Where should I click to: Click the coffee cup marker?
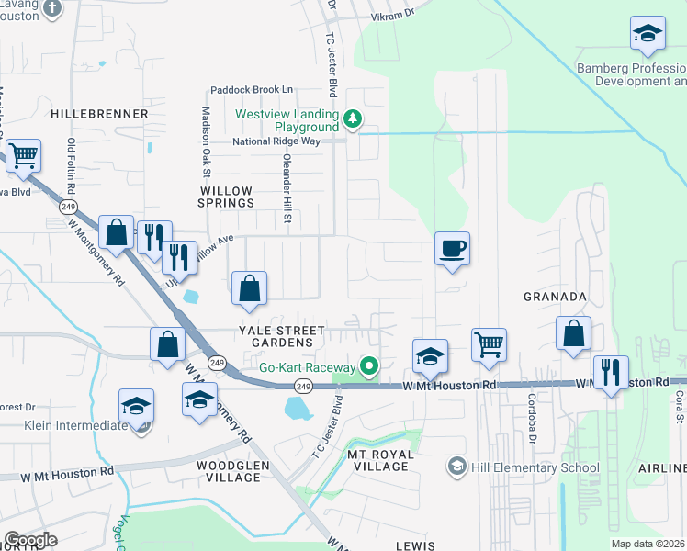pyautogui.click(x=453, y=248)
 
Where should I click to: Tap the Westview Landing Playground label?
pyautogui.click(x=287, y=120)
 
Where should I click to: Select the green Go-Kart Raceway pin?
pyautogui.click(x=370, y=367)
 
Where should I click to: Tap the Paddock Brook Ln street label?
pyautogui.click(x=251, y=89)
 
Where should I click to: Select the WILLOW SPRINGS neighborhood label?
pyautogui.click(x=226, y=196)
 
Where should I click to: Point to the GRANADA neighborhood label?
pyautogui.click(x=555, y=297)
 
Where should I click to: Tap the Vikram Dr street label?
pyautogui.click(x=393, y=15)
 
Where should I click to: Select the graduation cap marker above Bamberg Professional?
pyautogui.click(x=648, y=33)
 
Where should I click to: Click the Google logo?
pyautogui.click(x=30, y=540)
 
